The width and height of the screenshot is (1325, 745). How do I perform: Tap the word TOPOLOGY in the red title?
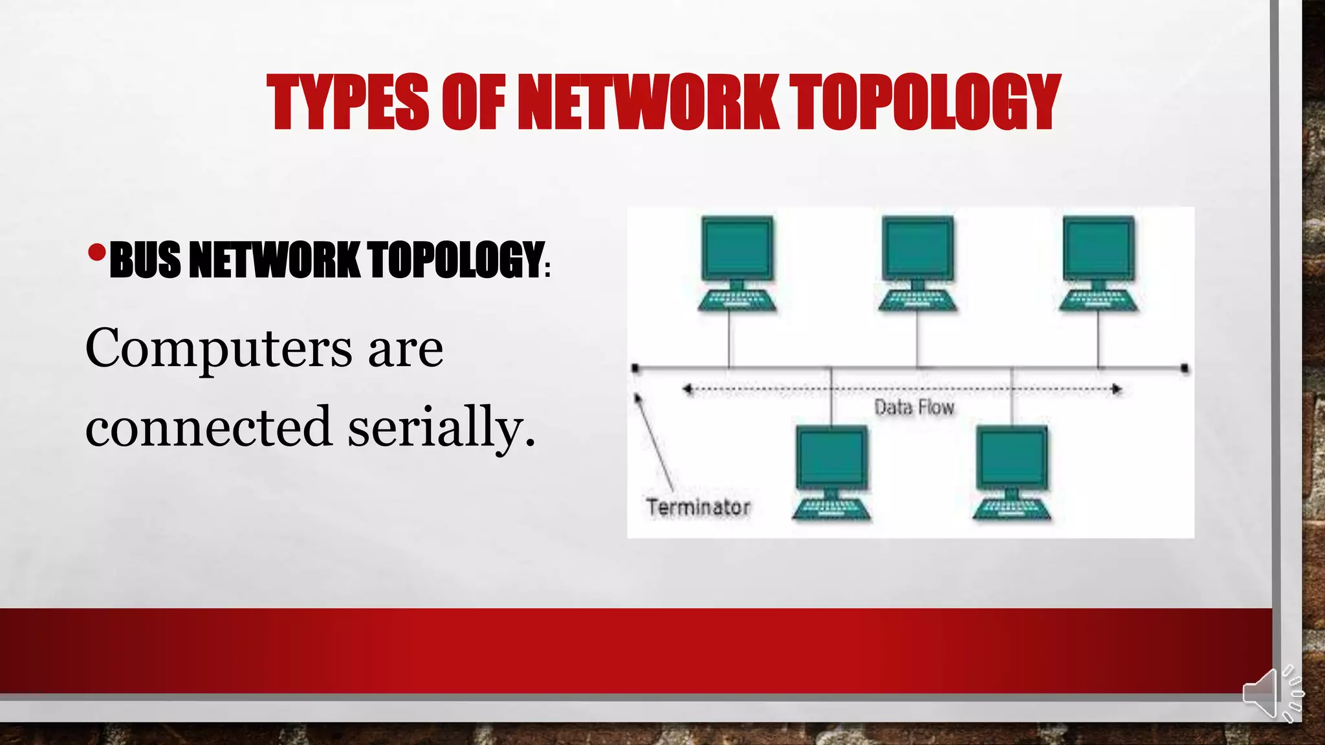(x=926, y=102)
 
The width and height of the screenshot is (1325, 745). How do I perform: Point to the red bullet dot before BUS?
(x=96, y=253)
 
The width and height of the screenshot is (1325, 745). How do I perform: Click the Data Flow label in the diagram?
(x=914, y=407)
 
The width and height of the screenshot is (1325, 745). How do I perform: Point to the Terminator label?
(x=698, y=507)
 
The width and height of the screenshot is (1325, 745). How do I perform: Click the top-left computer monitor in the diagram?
(x=738, y=248)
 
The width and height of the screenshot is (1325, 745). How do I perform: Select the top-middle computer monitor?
(x=917, y=248)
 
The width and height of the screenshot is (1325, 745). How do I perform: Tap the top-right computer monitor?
(x=1099, y=248)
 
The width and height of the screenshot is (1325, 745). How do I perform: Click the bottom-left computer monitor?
(x=831, y=457)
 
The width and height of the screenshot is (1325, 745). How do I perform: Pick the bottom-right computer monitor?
(x=1012, y=457)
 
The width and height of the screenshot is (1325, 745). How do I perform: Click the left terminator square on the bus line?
(x=635, y=369)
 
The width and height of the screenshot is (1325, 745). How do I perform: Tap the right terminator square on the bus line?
(x=1185, y=369)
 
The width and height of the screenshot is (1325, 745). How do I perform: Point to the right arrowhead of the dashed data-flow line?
(x=1117, y=389)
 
